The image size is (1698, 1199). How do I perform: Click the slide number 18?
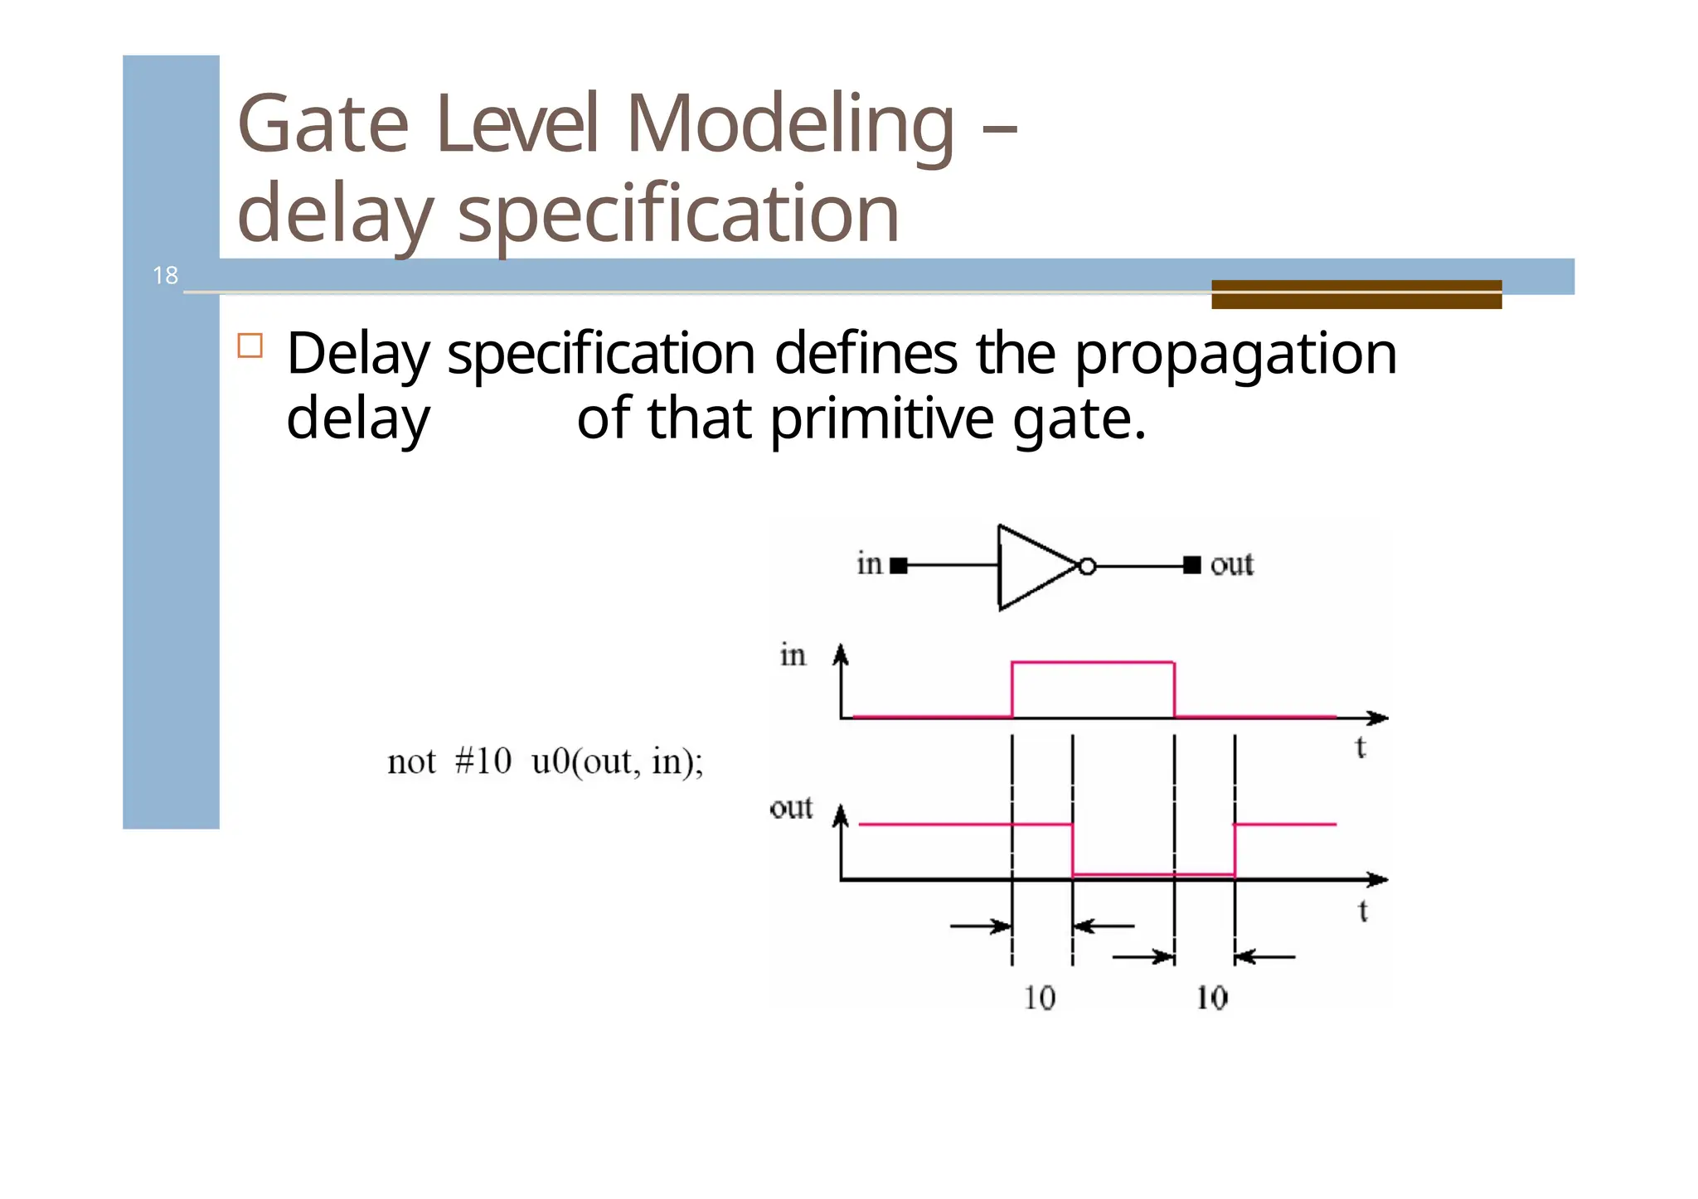coord(165,275)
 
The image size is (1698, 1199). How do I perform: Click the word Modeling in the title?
coord(789,124)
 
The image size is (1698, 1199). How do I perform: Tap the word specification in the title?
coord(677,214)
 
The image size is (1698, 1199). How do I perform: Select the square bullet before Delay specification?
coord(250,346)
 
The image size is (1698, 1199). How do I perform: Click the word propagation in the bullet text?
coord(1235,355)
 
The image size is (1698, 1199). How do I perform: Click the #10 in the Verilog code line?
coord(483,761)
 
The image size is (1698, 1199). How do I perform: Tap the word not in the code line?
coord(411,761)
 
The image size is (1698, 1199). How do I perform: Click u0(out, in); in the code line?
coord(617,761)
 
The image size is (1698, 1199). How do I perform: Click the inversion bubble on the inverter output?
coord(1087,567)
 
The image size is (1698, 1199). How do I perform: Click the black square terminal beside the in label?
coord(898,566)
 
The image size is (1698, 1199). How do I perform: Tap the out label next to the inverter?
coord(1231,565)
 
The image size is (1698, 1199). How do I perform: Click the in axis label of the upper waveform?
coord(793,655)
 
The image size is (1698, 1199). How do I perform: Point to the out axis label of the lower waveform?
coord(791,808)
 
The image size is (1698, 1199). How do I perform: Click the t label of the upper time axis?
coord(1360,748)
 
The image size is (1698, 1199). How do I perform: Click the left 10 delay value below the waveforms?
coord(1039,998)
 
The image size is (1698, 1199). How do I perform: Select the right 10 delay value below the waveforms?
coord(1211,998)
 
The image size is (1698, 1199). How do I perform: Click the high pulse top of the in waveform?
coord(1092,662)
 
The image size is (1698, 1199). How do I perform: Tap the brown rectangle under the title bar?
coord(1356,294)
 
